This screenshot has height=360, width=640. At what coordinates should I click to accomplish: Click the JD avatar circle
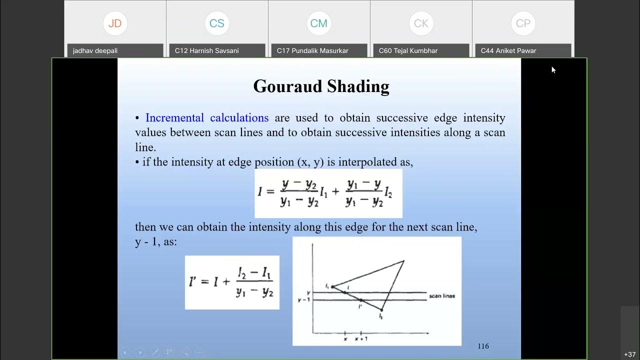(115, 23)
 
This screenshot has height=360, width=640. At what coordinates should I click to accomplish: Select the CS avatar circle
(217, 23)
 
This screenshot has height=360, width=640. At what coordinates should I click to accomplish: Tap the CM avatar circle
(319, 23)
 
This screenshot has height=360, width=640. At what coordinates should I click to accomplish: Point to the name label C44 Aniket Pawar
(508, 50)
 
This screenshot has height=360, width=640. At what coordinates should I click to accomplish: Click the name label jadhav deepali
(95, 50)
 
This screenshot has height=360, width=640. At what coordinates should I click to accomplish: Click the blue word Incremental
(174, 118)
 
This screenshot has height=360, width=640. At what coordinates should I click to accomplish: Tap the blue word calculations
(239, 118)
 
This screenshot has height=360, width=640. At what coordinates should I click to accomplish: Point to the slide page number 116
(483, 346)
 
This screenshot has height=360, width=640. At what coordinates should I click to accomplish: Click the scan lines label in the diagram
(442, 296)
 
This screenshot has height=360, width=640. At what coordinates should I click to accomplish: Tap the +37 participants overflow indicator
(629, 354)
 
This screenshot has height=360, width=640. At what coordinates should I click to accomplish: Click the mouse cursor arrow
(553, 69)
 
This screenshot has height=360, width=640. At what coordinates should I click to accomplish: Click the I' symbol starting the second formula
(194, 281)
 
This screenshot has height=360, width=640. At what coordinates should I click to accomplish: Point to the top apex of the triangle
(403, 260)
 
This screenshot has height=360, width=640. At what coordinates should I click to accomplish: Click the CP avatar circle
(523, 23)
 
